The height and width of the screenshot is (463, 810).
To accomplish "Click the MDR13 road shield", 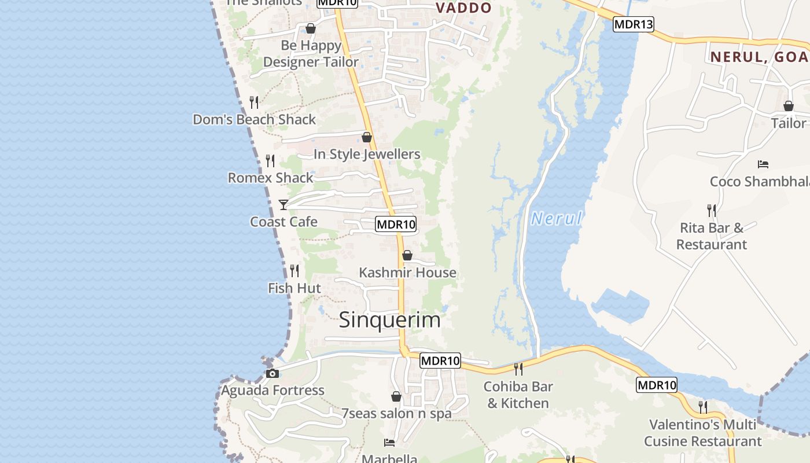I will (x=634, y=24).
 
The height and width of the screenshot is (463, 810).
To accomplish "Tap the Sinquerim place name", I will (x=389, y=320).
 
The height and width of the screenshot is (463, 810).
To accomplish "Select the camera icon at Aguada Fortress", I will (x=273, y=374).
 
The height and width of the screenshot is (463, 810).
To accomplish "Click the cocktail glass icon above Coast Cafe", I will (x=283, y=205).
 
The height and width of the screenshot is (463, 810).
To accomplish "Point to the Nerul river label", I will (x=556, y=219).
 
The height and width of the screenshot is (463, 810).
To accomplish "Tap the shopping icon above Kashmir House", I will (x=407, y=255).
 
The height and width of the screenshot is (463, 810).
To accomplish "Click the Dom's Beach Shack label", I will (x=255, y=120).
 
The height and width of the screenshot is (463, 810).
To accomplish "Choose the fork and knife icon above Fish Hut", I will (x=294, y=270).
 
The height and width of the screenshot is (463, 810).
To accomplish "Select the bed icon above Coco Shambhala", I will (x=763, y=164).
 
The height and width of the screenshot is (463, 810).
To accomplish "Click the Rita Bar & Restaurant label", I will (x=712, y=236).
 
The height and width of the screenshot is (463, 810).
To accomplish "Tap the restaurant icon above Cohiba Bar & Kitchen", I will (x=518, y=369).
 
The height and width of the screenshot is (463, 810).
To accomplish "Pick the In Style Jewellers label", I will (x=367, y=155).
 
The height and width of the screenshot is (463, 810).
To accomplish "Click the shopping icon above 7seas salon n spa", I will (x=396, y=396).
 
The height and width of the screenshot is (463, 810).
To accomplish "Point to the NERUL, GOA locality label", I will (x=759, y=57).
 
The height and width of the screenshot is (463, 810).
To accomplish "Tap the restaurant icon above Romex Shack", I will (x=270, y=160).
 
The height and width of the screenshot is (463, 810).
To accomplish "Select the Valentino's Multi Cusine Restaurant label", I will (x=702, y=433).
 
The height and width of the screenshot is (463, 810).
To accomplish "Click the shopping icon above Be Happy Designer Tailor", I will (x=311, y=28).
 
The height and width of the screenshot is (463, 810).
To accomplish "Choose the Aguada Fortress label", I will (x=273, y=391).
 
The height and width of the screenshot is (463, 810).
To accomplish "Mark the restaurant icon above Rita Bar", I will (x=712, y=210).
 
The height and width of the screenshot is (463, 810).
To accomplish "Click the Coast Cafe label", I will (x=283, y=222).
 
